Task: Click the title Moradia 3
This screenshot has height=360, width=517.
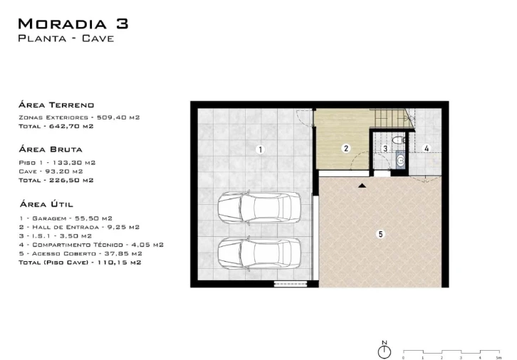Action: [x=73, y=23]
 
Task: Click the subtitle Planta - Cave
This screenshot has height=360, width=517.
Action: [x=66, y=38]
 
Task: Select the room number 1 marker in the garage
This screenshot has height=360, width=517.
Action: [x=260, y=150]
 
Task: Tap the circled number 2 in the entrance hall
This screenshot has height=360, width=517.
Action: [x=346, y=149]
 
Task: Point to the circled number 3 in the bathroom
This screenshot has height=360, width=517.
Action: [x=385, y=149]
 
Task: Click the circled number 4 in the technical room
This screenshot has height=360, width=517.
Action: [x=427, y=148]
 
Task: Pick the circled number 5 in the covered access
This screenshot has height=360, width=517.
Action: [x=380, y=234]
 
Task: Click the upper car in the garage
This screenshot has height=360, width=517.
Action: [x=259, y=207]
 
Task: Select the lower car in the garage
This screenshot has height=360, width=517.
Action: [x=259, y=253]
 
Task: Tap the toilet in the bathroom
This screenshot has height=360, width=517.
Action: [x=399, y=139]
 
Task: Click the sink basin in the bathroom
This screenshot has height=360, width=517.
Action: [x=401, y=160]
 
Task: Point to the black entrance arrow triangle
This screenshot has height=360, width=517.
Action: [x=362, y=186]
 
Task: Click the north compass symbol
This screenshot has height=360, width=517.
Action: [x=384, y=350]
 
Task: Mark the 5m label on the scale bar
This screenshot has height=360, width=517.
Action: [x=499, y=358]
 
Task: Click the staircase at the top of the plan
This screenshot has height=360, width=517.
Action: [x=392, y=117]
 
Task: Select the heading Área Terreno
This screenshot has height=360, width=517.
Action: [x=56, y=105]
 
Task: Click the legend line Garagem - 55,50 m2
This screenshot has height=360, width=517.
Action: [x=66, y=218]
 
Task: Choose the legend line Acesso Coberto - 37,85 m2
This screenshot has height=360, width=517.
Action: [x=80, y=253]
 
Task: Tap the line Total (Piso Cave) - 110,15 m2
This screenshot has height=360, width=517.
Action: [x=80, y=263]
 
